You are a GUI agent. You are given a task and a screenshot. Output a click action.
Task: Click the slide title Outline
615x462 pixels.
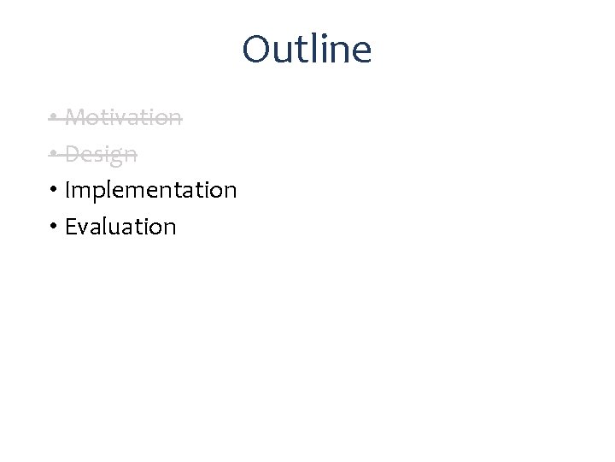click(307, 50)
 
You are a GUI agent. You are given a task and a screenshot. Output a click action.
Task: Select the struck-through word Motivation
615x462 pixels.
click(123, 116)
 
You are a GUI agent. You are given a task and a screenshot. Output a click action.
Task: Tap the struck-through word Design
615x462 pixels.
click(101, 154)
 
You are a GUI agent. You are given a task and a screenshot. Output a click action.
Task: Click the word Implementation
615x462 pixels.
click(150, 190)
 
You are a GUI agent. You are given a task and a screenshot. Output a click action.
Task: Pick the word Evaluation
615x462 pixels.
click(120, 227)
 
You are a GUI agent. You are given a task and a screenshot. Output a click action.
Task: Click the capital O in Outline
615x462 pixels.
click(255, 50)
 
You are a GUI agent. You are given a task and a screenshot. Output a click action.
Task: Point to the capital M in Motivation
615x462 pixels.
click(73, 116)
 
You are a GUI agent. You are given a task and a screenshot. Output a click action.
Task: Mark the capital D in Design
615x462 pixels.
click(72, 154)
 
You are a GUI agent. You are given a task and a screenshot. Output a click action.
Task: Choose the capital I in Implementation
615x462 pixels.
click(67, 190)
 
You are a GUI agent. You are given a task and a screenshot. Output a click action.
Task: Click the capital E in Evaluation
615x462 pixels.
click(70, 227)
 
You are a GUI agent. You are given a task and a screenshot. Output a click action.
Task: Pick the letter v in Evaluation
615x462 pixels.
click(84, 228)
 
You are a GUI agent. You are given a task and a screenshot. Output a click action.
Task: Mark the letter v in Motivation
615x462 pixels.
click(121, 118)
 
